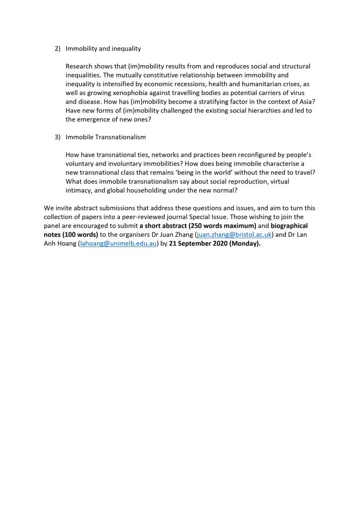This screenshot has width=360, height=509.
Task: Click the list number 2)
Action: (57, 49)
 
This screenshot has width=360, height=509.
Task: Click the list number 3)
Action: (57, 137)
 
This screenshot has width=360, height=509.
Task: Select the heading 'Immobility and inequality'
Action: (103, 49)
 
